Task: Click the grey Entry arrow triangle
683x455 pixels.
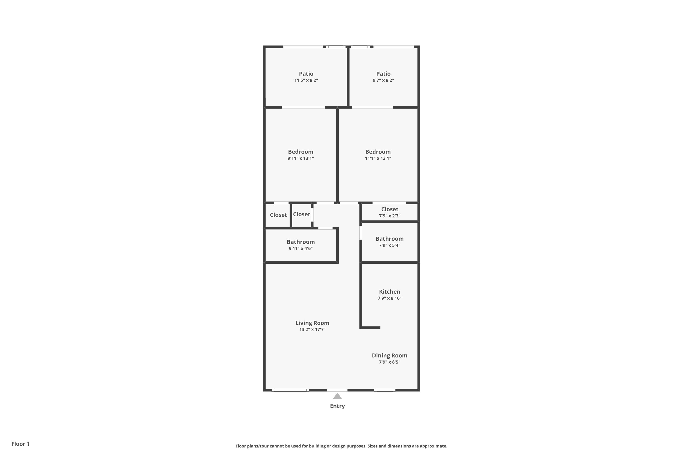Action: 337,396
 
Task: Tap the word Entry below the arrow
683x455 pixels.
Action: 337,406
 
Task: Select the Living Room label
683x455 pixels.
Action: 312,323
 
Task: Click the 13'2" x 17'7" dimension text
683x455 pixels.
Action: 312,330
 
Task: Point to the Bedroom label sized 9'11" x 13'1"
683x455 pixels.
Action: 301,152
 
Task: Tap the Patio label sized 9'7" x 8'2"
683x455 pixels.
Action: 383,74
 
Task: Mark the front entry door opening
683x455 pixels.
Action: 337,390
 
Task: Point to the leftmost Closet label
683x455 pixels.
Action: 278,215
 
